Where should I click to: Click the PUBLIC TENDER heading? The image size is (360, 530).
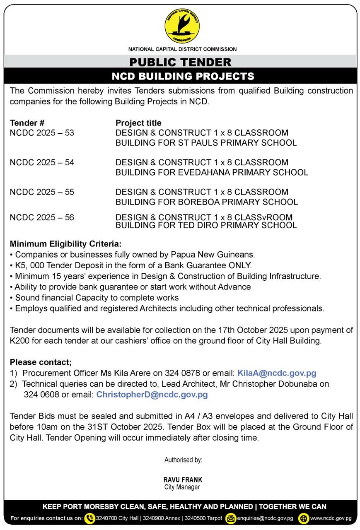pos(180,63)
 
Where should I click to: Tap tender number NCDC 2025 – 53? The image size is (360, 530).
pos(42,133)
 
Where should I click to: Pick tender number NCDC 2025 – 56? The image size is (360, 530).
pos(42,217)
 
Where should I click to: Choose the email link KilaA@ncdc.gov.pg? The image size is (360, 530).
pos(277,373)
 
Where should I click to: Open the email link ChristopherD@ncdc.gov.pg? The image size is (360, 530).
pos(152,395)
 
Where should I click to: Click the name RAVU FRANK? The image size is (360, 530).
pos(183,480)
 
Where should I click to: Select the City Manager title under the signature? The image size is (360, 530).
pos(182,487)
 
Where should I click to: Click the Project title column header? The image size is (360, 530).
pos(138,123)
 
